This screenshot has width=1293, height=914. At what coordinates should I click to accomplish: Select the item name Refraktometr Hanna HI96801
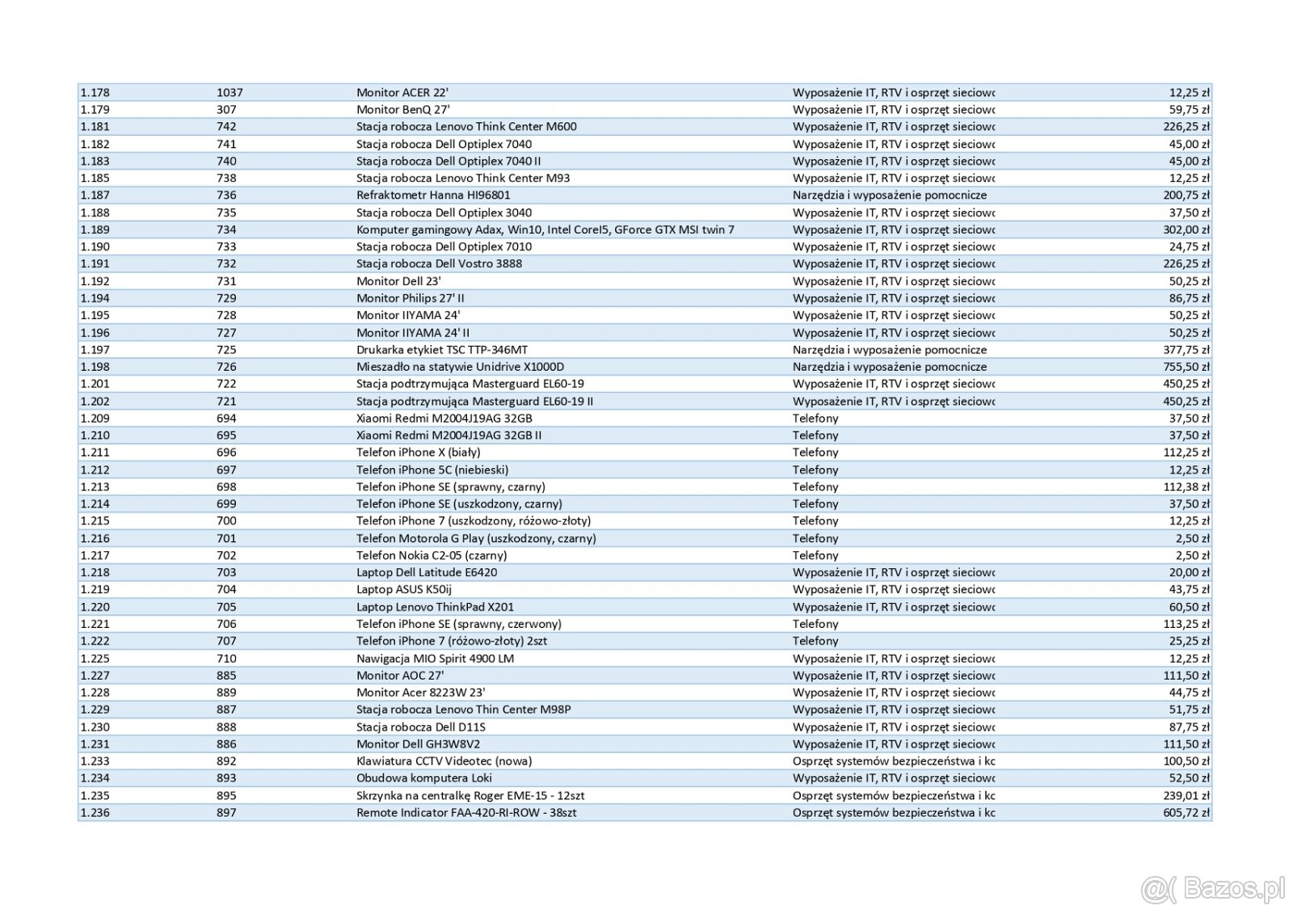coord(433,195)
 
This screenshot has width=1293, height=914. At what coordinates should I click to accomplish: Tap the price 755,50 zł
coord(1186,367)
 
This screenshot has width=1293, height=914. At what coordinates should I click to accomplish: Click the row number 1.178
coord(95,92)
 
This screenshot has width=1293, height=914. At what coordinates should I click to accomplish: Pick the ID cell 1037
coord(230,92)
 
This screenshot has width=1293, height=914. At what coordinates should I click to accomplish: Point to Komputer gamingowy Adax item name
coord(545,230)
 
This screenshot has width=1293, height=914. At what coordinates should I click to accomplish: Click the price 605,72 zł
coord(1186,812)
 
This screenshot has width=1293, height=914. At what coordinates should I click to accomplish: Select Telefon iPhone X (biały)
coord(418,453)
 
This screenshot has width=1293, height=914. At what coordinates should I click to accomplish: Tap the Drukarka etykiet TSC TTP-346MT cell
coord(441,350)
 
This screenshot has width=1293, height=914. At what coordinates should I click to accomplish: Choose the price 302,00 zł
coord(1186,230)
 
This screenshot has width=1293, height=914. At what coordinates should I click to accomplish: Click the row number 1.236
coord(95,812)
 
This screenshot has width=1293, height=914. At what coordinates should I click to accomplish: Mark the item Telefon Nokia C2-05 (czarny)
coord(432,555)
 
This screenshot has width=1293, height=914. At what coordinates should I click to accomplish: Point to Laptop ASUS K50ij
coord(403,589)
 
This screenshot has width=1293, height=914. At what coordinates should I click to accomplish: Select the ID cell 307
coord(226,109)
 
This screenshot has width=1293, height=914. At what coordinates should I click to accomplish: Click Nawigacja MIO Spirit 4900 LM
coord(435,659)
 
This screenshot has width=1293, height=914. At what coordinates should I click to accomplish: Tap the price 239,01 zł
coord(1186,795)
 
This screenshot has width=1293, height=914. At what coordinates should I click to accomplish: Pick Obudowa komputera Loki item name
coord(423,778)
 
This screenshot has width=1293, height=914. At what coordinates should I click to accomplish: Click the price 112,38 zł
coord(1186,486)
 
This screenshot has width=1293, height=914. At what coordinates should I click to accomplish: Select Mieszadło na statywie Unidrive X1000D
coord(460,367)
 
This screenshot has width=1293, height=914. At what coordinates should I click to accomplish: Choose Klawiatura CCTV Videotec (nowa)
coord(444,761)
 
